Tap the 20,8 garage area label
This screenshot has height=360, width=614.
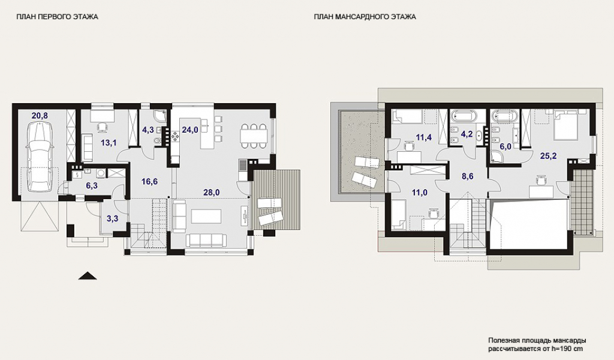[40, 115]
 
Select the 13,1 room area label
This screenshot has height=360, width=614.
[109, 143]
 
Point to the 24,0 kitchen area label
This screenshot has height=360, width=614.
[189, 130]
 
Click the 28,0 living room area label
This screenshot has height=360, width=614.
[212, 192]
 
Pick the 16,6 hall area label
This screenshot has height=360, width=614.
[149, 181]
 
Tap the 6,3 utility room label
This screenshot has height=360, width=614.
[92, 185]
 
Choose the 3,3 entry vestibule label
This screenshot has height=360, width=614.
[112, 218]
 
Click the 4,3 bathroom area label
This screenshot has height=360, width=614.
[148, 130]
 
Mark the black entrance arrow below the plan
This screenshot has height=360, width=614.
[88, 276]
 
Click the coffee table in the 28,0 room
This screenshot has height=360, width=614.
[206, 216]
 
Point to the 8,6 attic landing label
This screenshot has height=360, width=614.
[468, 176]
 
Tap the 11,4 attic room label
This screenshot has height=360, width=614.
[424, 137]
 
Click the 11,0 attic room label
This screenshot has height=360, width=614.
[419, 193]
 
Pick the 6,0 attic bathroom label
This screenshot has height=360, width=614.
[505, 146]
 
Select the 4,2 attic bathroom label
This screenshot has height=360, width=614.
[466, 134]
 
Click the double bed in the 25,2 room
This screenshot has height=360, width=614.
[566, 125]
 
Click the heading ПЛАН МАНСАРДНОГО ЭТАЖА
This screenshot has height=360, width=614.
[365, 17]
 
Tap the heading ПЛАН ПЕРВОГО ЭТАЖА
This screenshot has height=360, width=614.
[57, 17]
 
